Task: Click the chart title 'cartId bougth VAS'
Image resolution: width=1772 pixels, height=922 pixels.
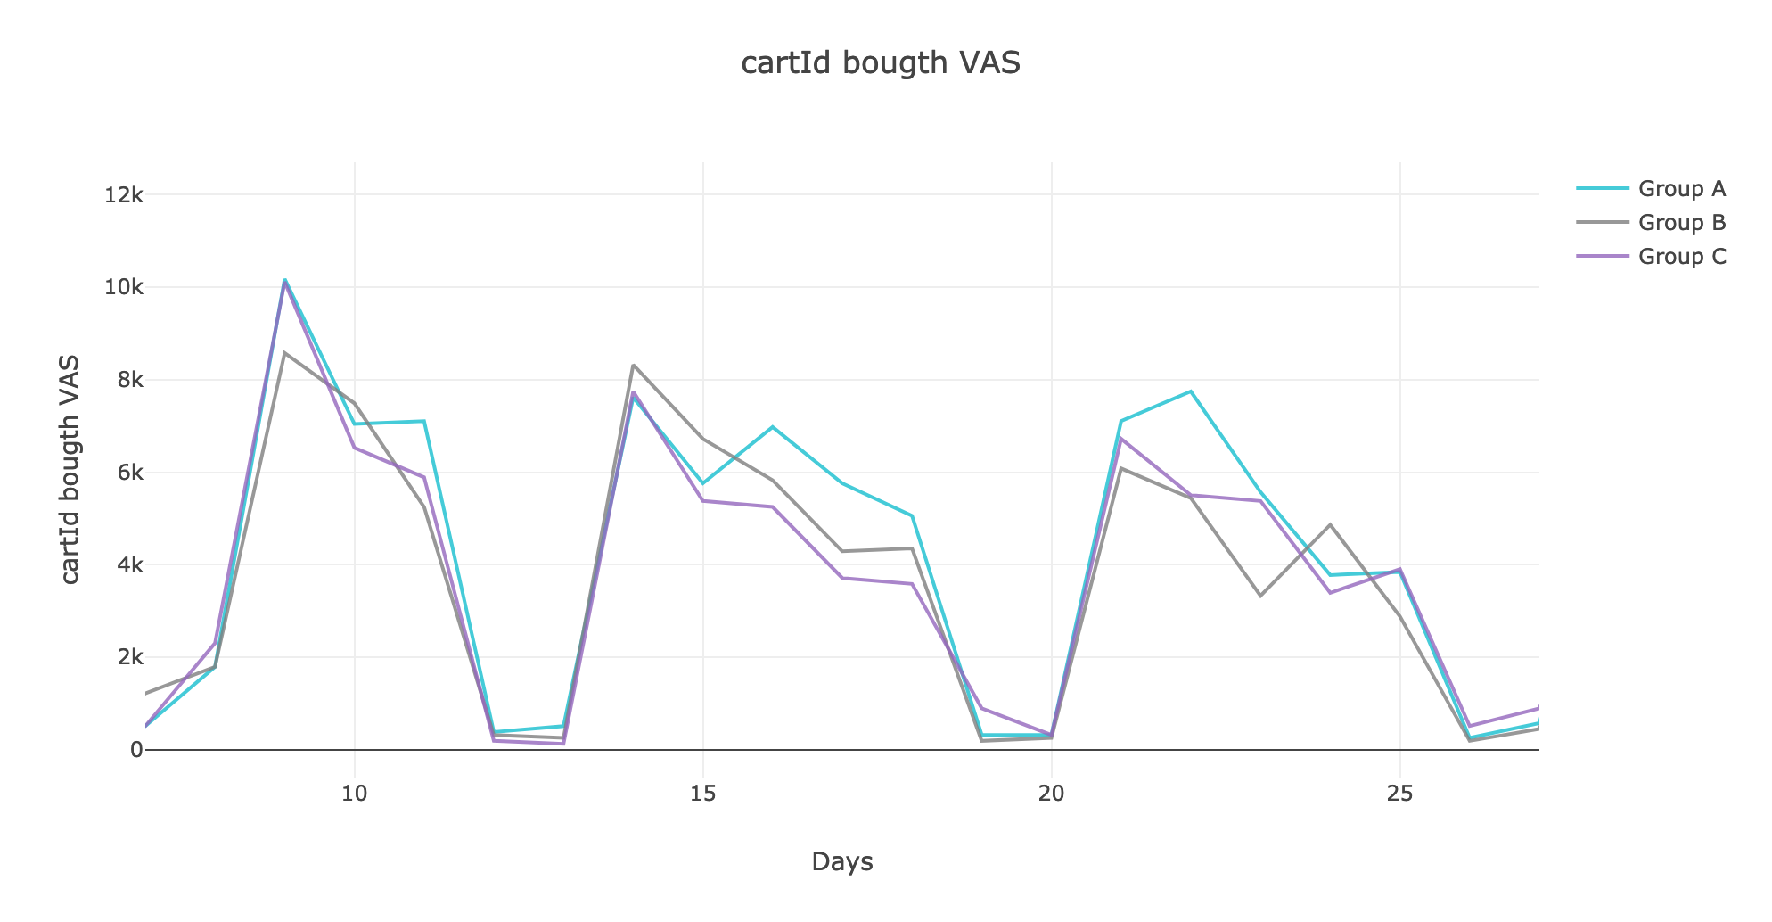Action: click(881, 63)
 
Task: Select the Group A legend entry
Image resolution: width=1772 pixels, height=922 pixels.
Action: click(1681, 189)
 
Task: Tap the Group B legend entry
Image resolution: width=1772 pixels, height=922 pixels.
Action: click(1681, 223)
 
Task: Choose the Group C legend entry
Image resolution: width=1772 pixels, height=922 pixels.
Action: click(1681, 257)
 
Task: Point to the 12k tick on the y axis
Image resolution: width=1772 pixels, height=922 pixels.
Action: click(123, 195)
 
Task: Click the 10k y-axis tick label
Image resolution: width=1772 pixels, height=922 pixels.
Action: click(123, 287)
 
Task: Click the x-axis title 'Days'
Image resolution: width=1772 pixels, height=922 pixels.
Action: click(842, 862)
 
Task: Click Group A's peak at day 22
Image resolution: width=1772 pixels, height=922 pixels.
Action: click(1191, 391)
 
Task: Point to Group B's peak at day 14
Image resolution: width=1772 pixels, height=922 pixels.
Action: click(633, 365)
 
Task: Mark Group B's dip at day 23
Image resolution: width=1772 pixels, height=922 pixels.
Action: click(1260, 596)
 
